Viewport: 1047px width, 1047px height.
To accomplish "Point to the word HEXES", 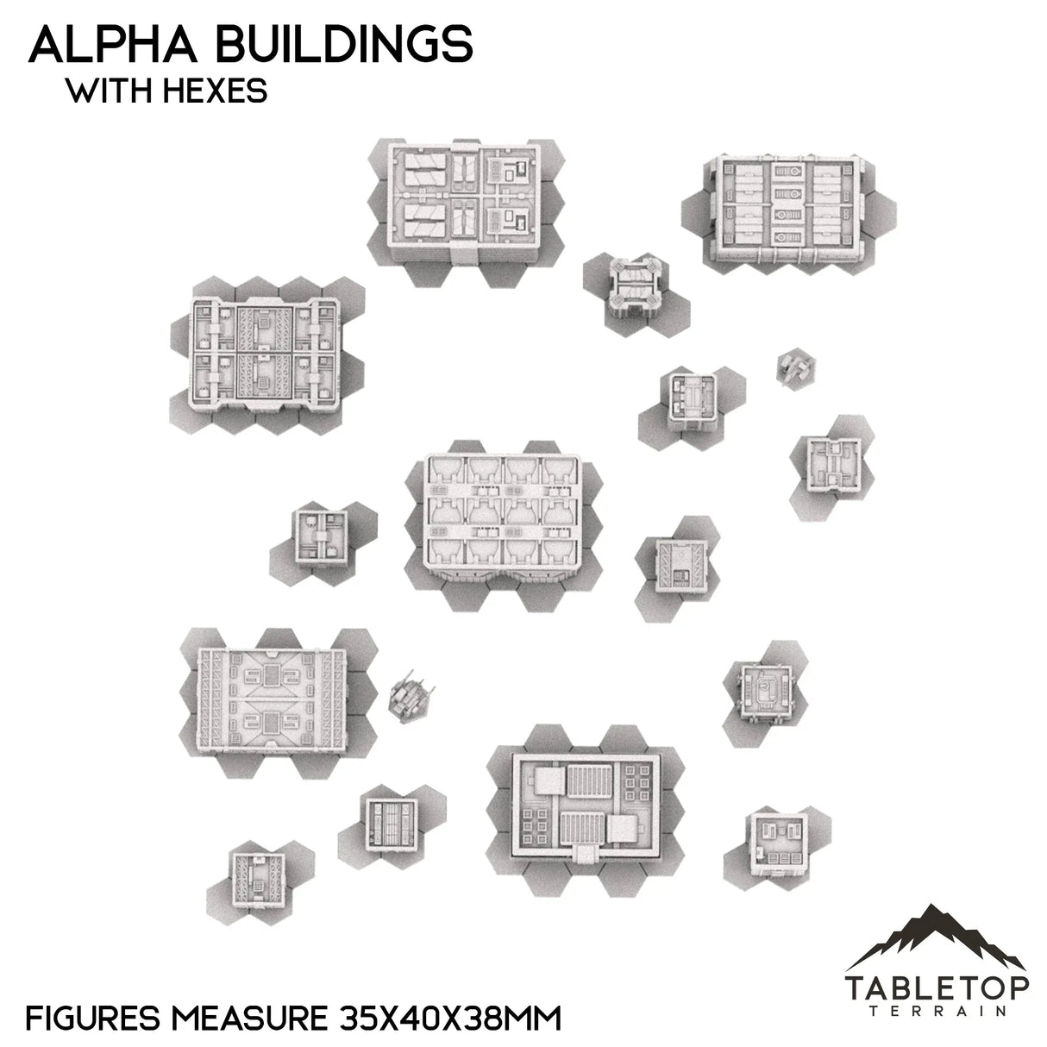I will [x=215, y=91].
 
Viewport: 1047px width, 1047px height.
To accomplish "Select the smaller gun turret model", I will [x=793, y=367].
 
